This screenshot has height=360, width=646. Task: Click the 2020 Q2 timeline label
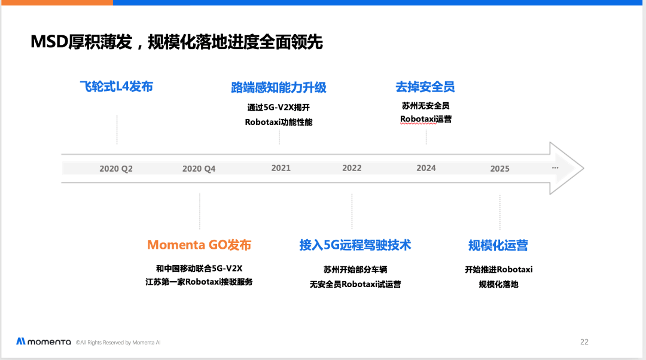[x=116, y=169]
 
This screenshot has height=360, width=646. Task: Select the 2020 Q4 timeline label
[x=199, y=169]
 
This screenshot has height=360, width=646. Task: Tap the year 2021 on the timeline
[x=281, y=168]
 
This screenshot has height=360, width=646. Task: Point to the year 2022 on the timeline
[x=352, y=168]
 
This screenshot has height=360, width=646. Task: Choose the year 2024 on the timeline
[x=426, y=168]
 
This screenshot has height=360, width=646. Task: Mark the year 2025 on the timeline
[x=499, y=169]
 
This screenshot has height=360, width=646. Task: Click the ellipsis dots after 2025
[x=555, y=167]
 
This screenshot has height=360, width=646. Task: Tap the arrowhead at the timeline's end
[x=566, y=168]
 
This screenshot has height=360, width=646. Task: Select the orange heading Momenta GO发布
[x=199, y=245]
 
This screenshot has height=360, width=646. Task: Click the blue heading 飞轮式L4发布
[x=117, y=87]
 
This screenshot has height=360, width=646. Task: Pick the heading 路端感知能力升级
[x=279, y=87]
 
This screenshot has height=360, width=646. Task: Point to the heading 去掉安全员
[x=425, y=87]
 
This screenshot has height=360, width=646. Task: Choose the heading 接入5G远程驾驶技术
[x=355, y=245]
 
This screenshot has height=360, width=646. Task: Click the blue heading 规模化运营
[x=498, y=246]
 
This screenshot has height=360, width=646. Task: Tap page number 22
[x=584, y=342]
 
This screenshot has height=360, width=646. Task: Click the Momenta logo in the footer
[x=44, y=341]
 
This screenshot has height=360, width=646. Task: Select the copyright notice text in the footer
[x=118, y=342]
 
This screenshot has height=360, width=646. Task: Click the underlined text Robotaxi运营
[x=426, y=119]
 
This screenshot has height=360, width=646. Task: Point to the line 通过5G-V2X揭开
[x=279, y=108]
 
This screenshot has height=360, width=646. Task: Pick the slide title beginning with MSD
[x=176, y=42]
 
